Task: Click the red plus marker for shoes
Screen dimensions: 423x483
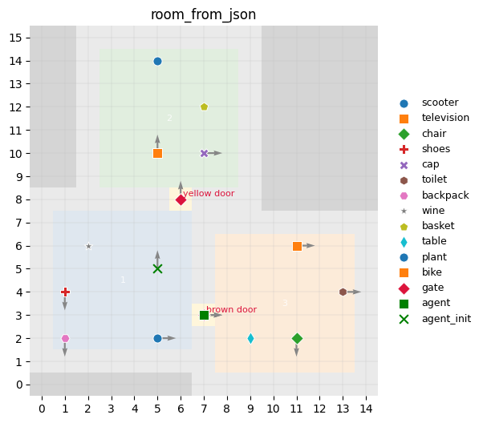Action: [65, 292]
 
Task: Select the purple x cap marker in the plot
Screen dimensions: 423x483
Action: [204, 153]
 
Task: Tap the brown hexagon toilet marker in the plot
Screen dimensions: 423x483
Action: [343, 292]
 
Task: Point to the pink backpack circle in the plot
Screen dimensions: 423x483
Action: [65, 338]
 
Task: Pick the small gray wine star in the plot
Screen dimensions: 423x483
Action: [88, 246]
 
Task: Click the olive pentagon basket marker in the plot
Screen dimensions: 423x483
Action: [204, 107]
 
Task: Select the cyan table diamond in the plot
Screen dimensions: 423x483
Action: [250, 338]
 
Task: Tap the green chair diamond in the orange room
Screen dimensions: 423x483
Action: [297, 338]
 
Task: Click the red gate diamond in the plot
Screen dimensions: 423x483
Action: [181, 199]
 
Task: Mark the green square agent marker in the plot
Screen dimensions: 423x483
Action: [204, 315]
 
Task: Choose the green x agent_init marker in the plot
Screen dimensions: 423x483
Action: [157, 269]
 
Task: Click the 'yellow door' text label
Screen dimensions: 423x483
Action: [209, 194]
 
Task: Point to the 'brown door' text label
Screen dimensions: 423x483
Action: [231, 309]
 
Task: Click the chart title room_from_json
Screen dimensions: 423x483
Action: [204, 14]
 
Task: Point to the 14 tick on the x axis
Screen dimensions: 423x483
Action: [366, 409]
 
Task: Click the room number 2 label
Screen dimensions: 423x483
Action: [169, 119]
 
